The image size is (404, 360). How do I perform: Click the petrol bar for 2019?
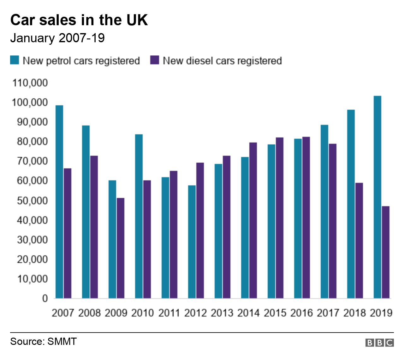tap(377, 197)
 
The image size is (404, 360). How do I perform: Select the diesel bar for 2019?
tap(386, 252)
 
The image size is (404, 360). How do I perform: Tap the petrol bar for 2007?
tap(59, 202)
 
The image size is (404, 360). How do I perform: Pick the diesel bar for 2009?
tap(121, 248)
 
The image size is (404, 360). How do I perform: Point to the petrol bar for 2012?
tap(192, 242)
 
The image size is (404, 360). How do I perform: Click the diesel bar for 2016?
tap(306, 218)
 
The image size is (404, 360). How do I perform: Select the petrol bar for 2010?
tap(139, 216)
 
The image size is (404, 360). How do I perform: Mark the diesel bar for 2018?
tap(359, 241)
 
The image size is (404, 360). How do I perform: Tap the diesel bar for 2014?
tap(253, 220)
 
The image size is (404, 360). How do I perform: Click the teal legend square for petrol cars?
tap(15, 60)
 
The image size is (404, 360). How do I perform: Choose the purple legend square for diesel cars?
tap(155, 60)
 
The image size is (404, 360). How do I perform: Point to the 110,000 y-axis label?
tap(30, 83)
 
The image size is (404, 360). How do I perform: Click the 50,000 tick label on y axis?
tap(30, 200)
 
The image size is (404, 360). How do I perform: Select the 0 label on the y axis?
tap(45, 298)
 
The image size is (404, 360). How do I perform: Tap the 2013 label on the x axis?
tap(222, 313)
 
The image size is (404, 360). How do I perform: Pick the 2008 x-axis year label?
tap(89, 313)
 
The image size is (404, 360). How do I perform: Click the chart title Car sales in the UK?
tap(79, 20)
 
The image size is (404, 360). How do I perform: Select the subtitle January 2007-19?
tap(57, 38)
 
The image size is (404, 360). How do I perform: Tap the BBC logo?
tap(379, 343)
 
